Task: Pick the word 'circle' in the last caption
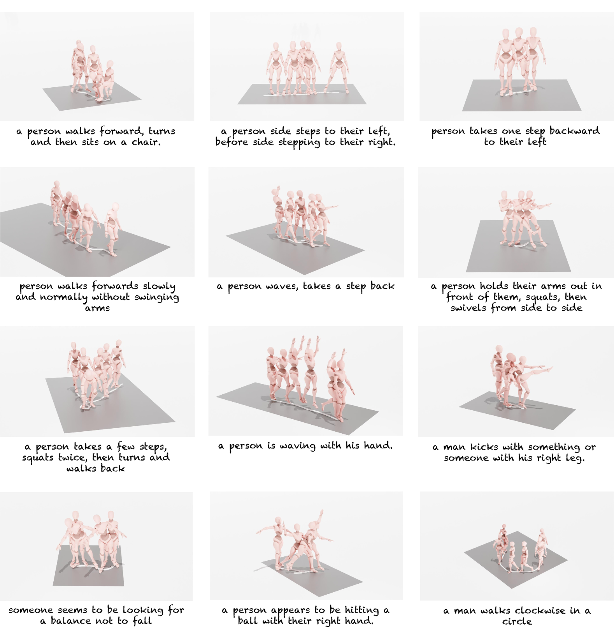click(517, 621)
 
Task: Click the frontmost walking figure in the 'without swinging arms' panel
click(112, 229)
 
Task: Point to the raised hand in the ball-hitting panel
click(321, 512)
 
